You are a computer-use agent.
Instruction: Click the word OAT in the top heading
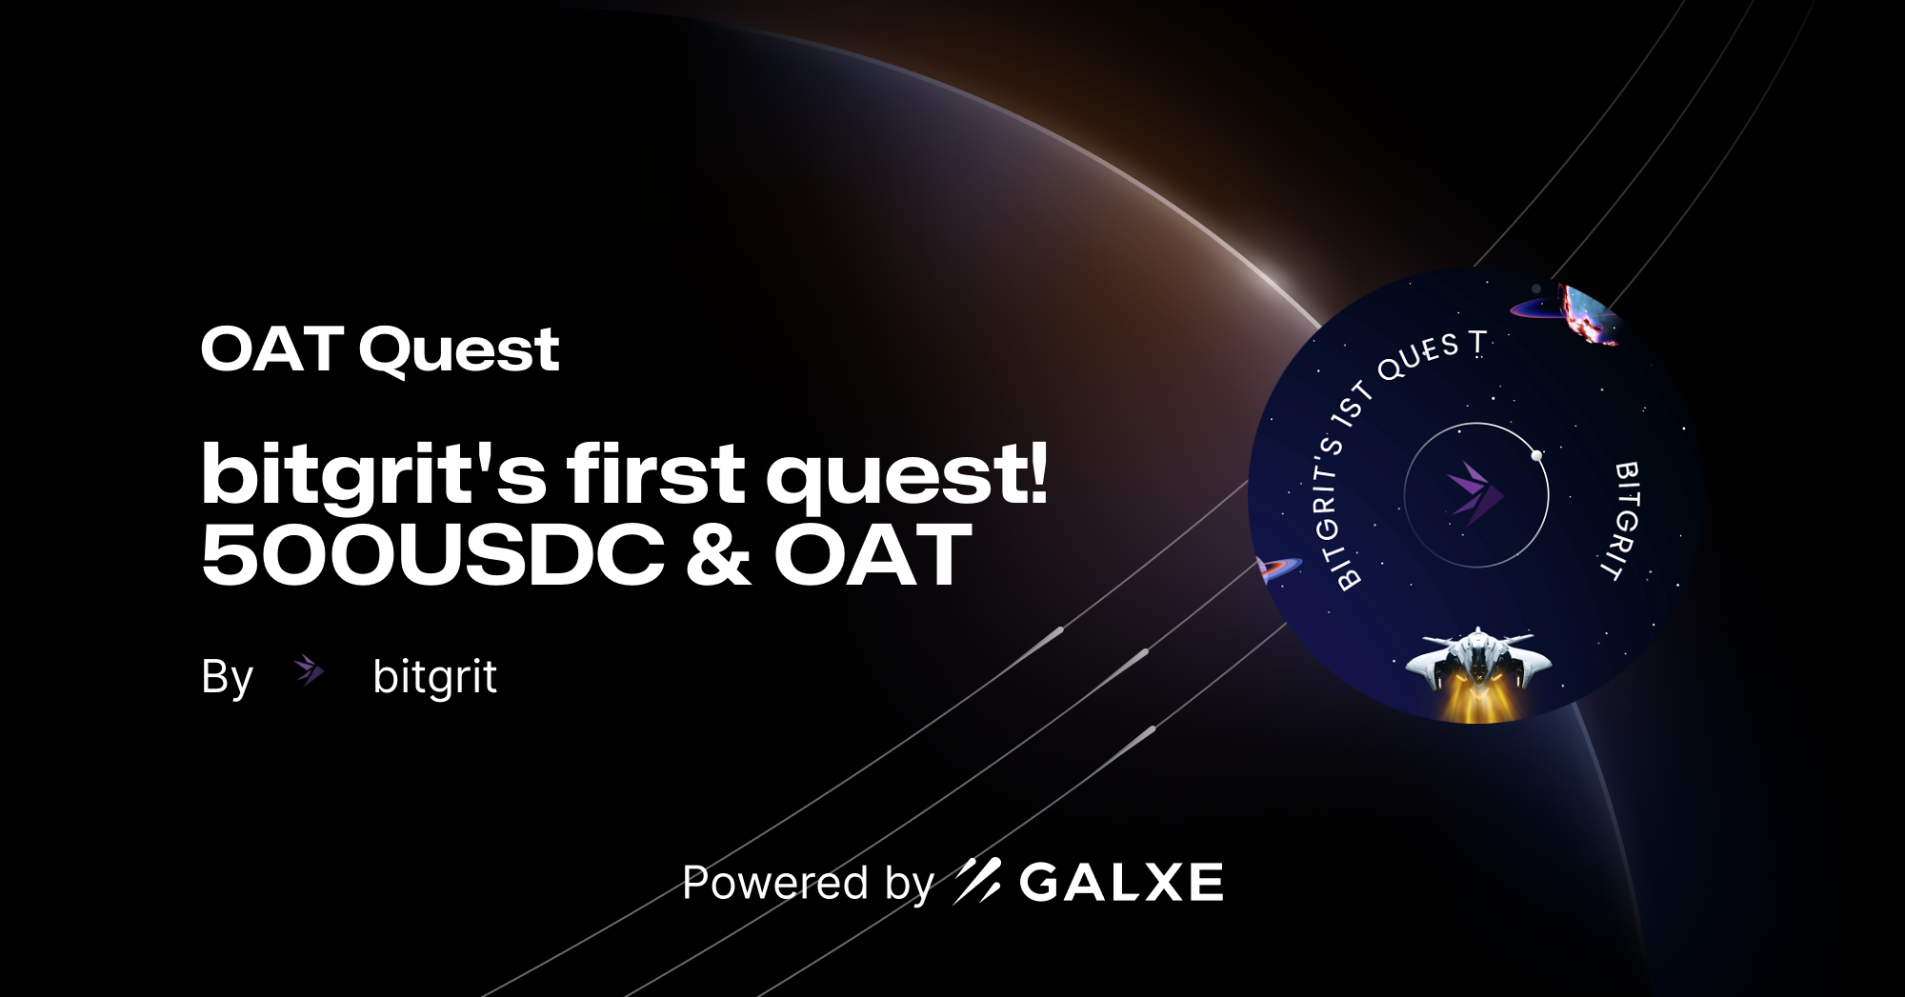coord(271,349)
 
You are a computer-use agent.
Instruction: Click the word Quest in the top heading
coord(459,350)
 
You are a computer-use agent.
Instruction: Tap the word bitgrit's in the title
coord(372,473)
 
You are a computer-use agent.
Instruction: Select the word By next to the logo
coord(227,677)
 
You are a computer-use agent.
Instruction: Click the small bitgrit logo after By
coord(309,671)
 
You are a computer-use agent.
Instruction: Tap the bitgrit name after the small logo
coord(434,677)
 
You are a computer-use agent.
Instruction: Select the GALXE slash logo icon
coord(977,880)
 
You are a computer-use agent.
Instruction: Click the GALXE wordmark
coord(1121,882)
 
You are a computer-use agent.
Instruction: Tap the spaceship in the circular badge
coord(1477,657)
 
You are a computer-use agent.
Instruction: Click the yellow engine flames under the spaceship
coord(1476,703)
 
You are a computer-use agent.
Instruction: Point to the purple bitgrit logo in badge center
coord(1474,493)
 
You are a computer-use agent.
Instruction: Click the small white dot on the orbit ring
coord(1536,456)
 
